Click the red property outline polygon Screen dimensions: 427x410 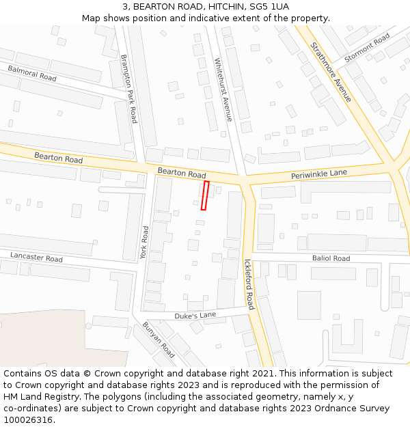(x=204, y=195)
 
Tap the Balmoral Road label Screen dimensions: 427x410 (x=32, y=73)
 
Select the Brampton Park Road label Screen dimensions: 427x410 (x=129, y=89)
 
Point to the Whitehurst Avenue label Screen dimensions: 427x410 (x=223, y=89)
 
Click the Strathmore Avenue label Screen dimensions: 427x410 (x=331, y=72)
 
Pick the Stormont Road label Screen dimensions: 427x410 (x=367, y=47)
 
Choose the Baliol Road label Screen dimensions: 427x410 (x=331, y=258)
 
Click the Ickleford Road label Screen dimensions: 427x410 (x=249, y=284)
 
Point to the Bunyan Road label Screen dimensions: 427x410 (x=159, y=340)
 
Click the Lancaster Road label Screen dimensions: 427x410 (x=36, y=257)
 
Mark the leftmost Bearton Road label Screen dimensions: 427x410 (x=59, y=159)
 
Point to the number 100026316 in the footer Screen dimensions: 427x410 (x=28, y=419)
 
